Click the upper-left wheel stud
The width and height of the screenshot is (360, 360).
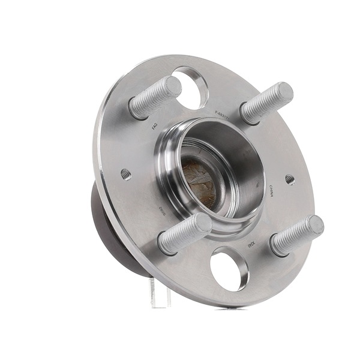155,98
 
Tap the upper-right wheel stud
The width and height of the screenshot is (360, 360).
266,103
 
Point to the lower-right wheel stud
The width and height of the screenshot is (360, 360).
296,236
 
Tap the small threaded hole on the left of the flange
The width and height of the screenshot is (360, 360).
125,175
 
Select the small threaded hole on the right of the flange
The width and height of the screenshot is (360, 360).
290,179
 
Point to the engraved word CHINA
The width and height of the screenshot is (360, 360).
271,191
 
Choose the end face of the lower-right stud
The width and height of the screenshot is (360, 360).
314,226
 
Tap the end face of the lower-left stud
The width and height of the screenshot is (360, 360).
203,223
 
